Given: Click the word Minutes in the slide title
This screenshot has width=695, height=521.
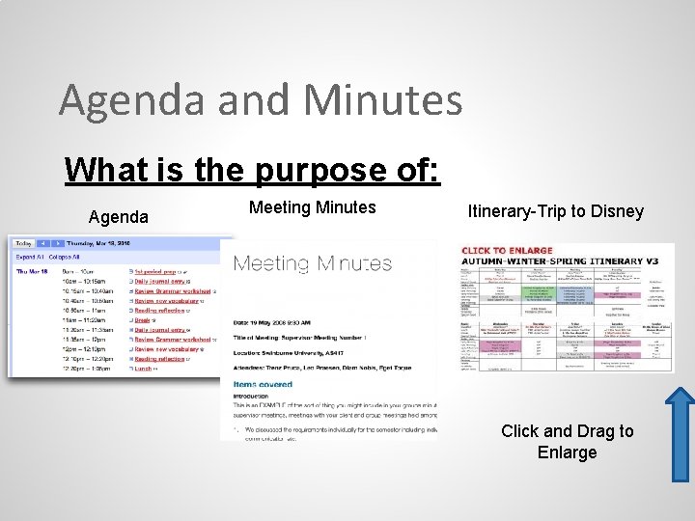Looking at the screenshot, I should tap(382, 100).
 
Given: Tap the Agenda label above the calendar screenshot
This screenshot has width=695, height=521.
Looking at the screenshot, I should tap(119, 217).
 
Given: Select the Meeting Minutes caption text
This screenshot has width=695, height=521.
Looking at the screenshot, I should tap(312, 206).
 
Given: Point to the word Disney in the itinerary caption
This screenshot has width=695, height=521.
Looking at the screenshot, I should tap(616, 210).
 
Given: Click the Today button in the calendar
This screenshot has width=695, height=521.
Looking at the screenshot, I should tap(22, 244).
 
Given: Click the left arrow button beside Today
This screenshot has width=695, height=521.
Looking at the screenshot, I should tap(42, 244).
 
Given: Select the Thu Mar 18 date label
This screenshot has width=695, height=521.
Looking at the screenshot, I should tap(33, 272).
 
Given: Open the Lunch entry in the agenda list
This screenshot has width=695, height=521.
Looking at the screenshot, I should tap(144, 369).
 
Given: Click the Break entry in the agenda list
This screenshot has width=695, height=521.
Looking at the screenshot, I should tap(142, 320).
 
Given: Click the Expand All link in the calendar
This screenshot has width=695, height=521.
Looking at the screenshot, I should tap(29, 258).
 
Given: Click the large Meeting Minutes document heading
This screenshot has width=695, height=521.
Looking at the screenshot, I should tap(313, 263).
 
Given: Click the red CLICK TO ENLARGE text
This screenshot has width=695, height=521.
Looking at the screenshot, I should tap(509, 251).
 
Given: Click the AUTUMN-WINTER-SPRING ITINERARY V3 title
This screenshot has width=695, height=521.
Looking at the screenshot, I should tap(566, 261).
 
